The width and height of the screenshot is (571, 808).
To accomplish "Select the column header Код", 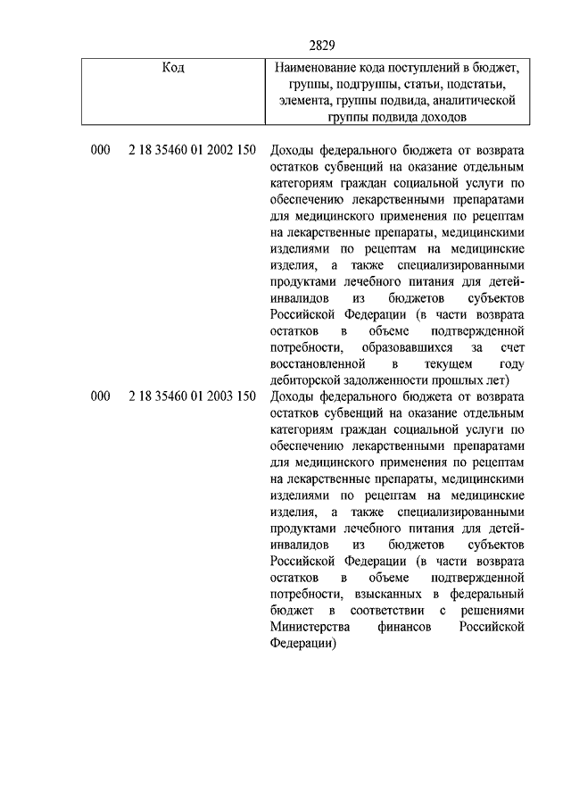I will [174, 67].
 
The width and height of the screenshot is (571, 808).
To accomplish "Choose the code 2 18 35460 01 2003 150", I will [192, 397].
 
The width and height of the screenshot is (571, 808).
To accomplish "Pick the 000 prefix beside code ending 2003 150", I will [100, 397].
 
